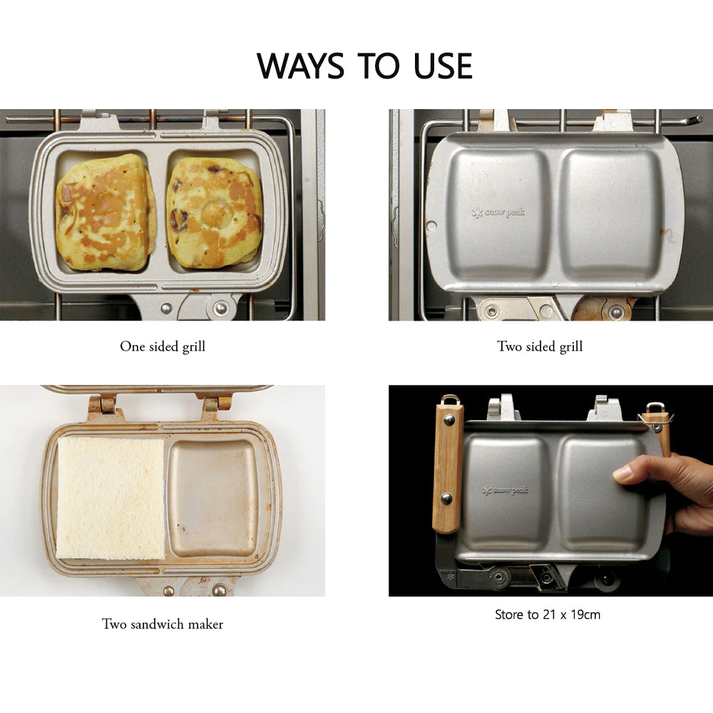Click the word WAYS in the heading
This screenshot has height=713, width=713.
(x=301, y=66)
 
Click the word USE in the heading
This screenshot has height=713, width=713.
(x=443, y=66)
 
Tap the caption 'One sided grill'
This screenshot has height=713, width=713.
(x=163, y=347)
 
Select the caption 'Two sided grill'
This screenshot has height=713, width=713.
(x=540, y=347)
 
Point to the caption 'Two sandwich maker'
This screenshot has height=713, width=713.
(x=163, y=624)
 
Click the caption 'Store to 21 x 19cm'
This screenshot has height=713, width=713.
(x=548, y=615)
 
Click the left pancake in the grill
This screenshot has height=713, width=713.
(x=106, y=212)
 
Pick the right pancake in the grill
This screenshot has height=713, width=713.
(x=215, y=212)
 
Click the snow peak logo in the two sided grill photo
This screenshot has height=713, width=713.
(x=498, y=212)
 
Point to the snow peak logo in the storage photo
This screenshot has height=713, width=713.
(x=506, y=491)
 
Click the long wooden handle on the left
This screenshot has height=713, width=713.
(x=448, y=468)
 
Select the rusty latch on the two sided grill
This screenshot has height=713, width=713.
(x=603, y=308)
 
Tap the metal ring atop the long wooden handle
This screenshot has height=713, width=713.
(x=449, y=399)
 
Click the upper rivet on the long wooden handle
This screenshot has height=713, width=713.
(x=448, y=420)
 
